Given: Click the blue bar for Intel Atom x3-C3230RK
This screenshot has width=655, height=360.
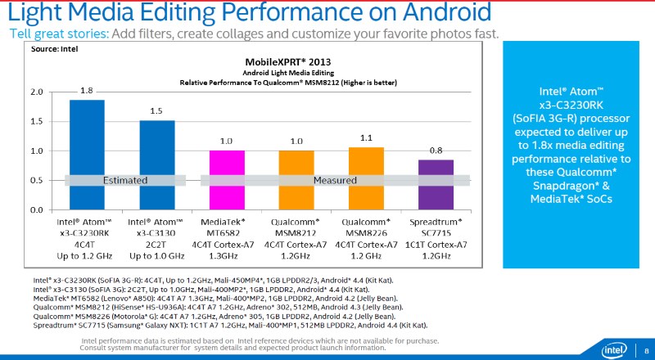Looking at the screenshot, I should (x=86, y=155).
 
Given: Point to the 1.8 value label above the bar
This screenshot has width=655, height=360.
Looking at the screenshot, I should (x=86, y=90).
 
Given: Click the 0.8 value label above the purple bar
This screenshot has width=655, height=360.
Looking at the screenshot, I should (x=436, y=150).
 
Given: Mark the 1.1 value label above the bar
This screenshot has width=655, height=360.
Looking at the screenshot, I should (x=366, y=137).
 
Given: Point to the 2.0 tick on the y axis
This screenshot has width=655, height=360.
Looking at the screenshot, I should (x=36, y=92).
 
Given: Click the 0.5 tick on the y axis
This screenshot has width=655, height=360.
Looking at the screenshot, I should (x=36, y=180).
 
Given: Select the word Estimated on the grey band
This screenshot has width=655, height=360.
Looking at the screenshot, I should (x=124, y=180).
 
